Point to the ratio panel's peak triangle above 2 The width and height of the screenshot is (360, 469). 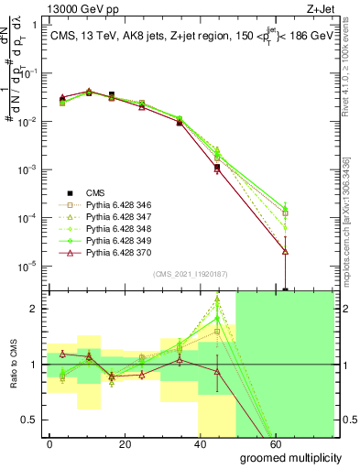click(217, 300)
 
